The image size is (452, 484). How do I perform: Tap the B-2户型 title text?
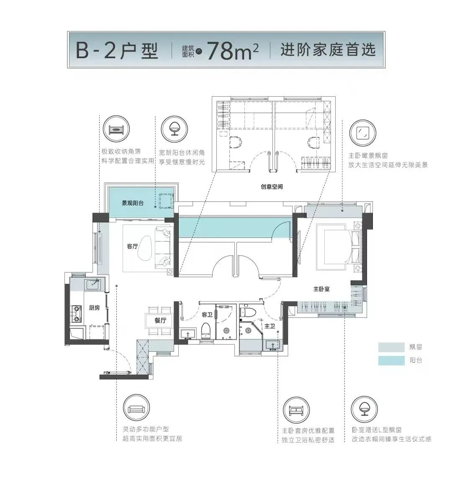[117, 51]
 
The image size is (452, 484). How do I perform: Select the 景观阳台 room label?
[133, 203]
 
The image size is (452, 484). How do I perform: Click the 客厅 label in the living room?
[132, 246]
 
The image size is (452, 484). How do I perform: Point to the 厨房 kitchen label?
[95, 308]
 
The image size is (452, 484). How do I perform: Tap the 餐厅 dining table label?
[160, 321]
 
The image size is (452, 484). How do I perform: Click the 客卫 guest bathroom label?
[207, 314]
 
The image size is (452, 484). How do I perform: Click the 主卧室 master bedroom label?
[321, 289]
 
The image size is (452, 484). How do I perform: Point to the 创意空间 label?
[272, 187]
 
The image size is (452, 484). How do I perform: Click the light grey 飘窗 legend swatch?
[391, 347]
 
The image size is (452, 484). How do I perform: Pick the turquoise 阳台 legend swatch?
[391, 361]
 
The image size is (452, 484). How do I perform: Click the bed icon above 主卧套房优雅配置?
[296, 410]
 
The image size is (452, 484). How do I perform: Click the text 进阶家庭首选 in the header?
[328, 51]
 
